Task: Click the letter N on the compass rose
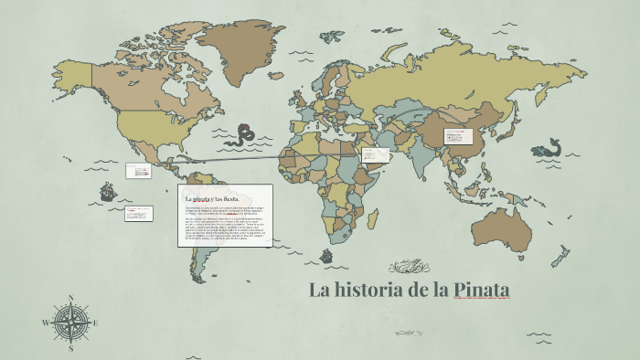point(70,298)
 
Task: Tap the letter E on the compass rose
point(94,323)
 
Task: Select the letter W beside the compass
point(45,323)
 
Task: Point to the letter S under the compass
point(70,348)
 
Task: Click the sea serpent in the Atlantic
point(244,136)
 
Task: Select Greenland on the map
point(240,44)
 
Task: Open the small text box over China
point(456,137)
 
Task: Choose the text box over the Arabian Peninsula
point(375,156)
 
